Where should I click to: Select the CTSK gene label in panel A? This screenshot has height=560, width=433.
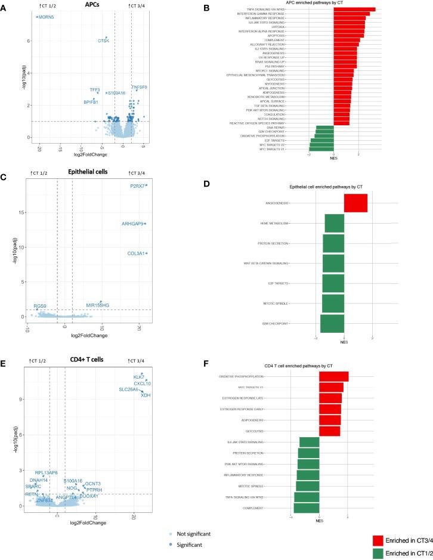103,41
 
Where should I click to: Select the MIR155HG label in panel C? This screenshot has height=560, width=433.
97,305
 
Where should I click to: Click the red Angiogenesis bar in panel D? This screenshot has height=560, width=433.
355,203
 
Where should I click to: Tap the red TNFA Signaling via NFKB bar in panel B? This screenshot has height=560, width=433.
354,10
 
